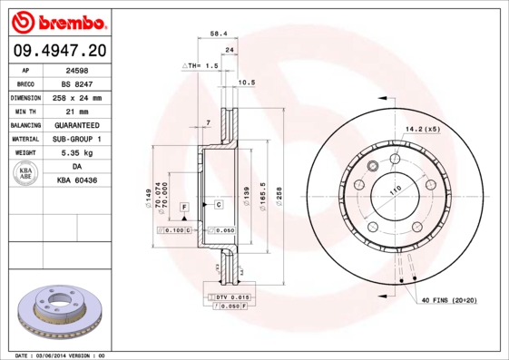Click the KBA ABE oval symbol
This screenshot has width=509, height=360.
tap(26, 173)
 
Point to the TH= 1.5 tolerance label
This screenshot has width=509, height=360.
tap(202, 66)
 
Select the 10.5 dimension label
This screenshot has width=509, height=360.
tap(245, 83)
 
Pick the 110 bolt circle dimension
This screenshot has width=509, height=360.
tap(396, 191)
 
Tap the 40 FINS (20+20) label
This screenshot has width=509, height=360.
tap(448, 298)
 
